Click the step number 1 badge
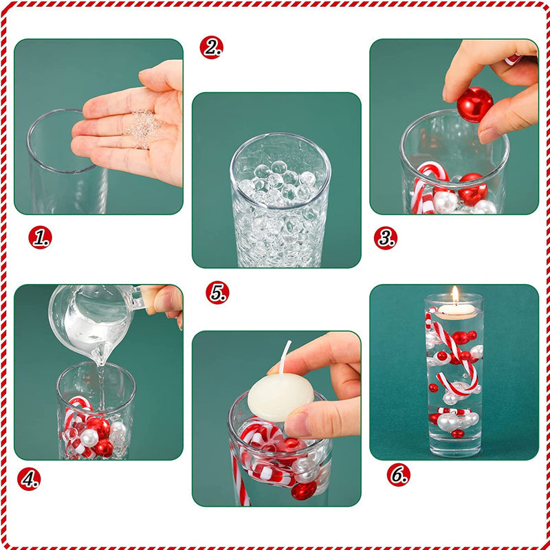40,237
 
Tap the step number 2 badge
212,47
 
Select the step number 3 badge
385,238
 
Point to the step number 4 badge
29,478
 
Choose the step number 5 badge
217,292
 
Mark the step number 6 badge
398,474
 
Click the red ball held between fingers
475,104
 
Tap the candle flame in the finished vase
454,295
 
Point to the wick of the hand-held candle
284,356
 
